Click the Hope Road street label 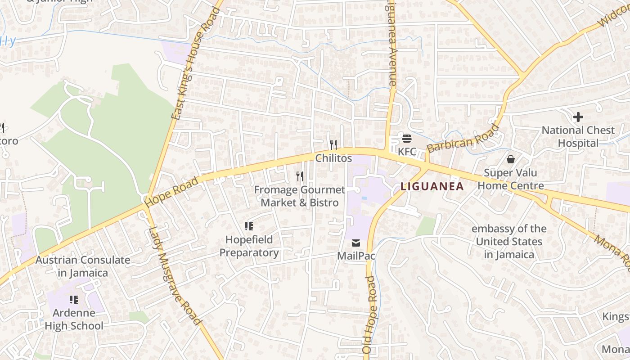(172, 192)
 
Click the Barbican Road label (463, 139)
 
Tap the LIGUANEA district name (432, 186)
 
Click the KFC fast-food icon (407, 138)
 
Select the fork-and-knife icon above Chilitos (333, 144)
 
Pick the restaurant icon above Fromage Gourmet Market (300, 176)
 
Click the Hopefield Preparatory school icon (249, 226)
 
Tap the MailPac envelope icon (356, 243)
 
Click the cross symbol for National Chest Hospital (578, 117)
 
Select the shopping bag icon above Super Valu (511, 159)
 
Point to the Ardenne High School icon (74, 299)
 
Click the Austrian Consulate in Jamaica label (83, 266)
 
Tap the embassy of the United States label (509, 242)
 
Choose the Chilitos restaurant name (333, 158)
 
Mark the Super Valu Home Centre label (511, 179)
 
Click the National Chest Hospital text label (578, 137)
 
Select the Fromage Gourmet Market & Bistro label (300, 196)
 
